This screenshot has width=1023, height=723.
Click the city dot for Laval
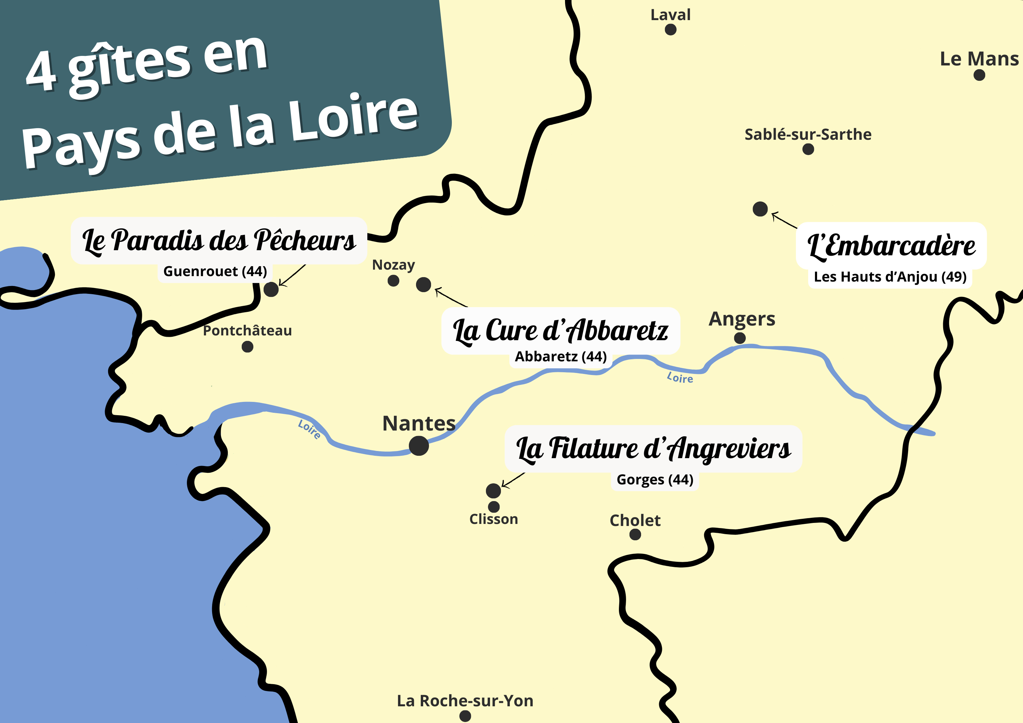pyautogui.click(x=670, y=30)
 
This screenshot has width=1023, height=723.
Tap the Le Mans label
pyautogui.click(x=979, y=59)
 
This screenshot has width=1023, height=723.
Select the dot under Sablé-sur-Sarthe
pyautogui.click(x=808, y=149)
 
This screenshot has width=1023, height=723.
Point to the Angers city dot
pyautogui.click(x=740, y=338)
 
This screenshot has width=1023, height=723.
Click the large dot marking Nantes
pyautogui.click(x=419, y=446)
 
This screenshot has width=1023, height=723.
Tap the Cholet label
pyautogui.click(x=635, y=520)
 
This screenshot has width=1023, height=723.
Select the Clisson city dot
pyautogui.click(x=494, y=507)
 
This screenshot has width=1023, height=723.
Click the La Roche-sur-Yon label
pyautogui.click(x=465, y=701)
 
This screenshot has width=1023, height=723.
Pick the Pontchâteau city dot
pyautogui.click(x=247, y=347)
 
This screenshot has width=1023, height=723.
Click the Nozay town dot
pyautogui.click(x=394, y=281)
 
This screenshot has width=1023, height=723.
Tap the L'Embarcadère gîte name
pyautogui.click(x=891, y=246)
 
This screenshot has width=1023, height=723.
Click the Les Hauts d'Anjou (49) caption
pyautogui.click(x=890, y=277)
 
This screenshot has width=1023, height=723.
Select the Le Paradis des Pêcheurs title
pyautogui.click(x=219, y=241)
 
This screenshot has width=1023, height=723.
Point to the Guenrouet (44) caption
pyautogui.click(x=215, y=271)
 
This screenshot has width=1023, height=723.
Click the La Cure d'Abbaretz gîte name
pyautogui.click(x=561, y=331)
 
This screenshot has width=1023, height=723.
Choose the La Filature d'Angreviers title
pyautogui.click(x=653, y=449)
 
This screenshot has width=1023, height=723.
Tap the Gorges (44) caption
pyautogui.click(x=654, y=480)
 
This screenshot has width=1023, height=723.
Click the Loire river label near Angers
pyautogui.click(x=680, y=378)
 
